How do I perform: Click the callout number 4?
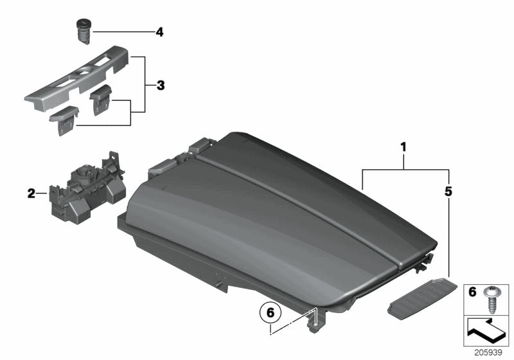[x=159, y=31]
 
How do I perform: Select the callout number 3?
[x=161, y=85]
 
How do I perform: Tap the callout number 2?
[x=31, y=192]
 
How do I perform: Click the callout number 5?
[x=448, y=191]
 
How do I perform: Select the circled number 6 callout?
[x=270, y=314]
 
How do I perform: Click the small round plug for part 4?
[x=84, y=30]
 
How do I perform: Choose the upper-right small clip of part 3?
[x=102, y=100]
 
